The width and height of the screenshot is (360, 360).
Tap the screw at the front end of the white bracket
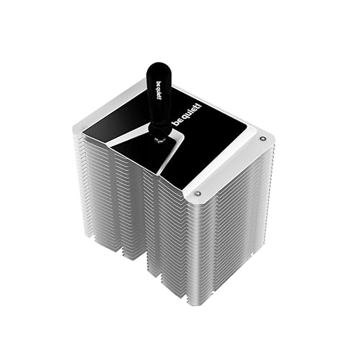pyautogui.click(x=197, y=193)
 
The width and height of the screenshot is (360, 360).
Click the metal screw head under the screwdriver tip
pyautogui.click(x=159, y=140)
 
